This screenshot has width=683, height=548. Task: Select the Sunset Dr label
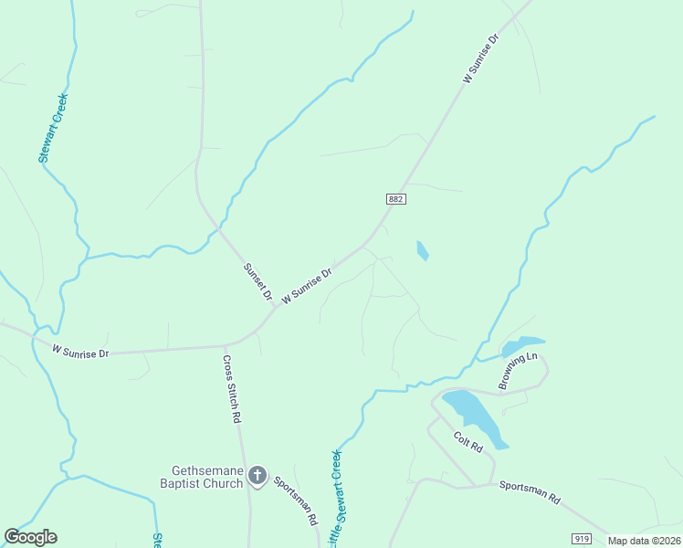pos(257,282)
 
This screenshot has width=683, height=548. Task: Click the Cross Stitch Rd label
pos(232,389)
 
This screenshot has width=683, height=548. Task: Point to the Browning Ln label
pos(519,371)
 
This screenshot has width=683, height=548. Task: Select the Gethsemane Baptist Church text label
pos(201,476)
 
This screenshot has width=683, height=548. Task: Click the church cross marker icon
pos(257,476)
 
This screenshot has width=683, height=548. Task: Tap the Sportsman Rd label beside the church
pos(296,502)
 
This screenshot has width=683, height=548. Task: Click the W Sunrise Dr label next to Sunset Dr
pos(307,285)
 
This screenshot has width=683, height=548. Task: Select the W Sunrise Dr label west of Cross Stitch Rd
pos(80,351)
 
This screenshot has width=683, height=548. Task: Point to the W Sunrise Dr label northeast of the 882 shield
pos(480,60)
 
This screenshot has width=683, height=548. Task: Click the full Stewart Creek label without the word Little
pos(53,128)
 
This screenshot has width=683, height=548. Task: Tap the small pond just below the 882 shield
pos(422,250)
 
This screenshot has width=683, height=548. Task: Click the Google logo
pos(31,537)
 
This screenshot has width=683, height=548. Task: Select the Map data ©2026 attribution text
pos(644,541)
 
